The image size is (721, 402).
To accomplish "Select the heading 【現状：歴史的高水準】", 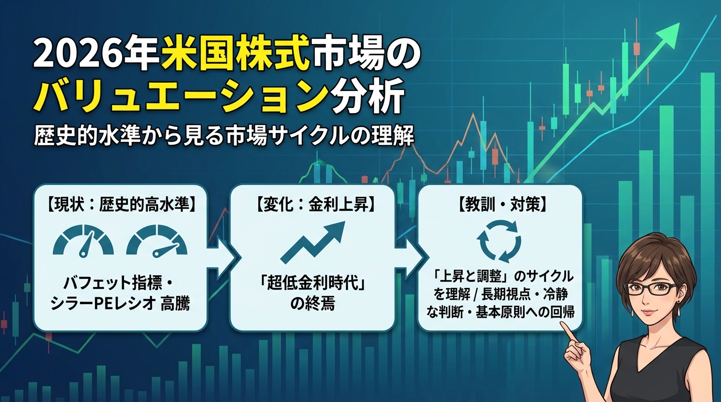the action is (122, 204).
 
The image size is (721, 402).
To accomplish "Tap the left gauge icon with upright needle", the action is (83, 241).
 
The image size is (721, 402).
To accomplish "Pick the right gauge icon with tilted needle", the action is (157, 241).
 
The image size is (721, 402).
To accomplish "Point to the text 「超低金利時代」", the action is (312, 284).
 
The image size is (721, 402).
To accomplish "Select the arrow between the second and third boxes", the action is (411, 258).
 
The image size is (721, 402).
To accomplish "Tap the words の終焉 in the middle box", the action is (312, 303).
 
